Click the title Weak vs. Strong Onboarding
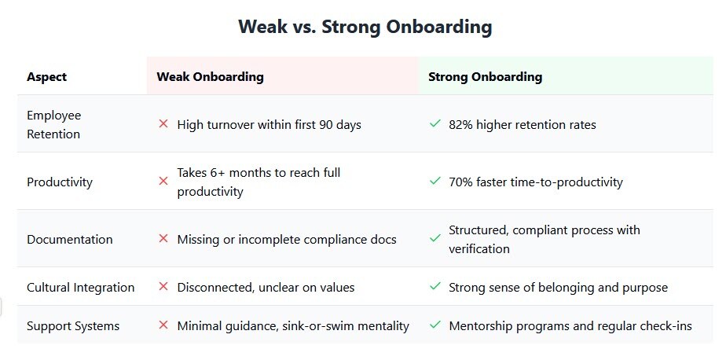pos(365,27)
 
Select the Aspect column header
pos(47,76)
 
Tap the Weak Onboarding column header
pos(211,76)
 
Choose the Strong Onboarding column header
pos(486,76)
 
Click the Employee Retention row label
pos(53,125)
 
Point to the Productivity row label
pos(60,182)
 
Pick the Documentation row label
pos(70,240)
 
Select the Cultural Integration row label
pos(81,287)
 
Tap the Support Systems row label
pos(73,326)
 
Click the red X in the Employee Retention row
pos(163,124)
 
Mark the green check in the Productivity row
pos(434,181)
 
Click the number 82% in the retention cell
pos(460,125)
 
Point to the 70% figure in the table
pos(460,182)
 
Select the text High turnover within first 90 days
pos(269,125)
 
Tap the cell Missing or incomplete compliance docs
pos(287,240)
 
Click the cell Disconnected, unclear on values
pos(266,287)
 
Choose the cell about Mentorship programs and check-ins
pos(570,326)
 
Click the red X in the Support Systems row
pos(163,325)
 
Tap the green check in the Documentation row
pos(434,238)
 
